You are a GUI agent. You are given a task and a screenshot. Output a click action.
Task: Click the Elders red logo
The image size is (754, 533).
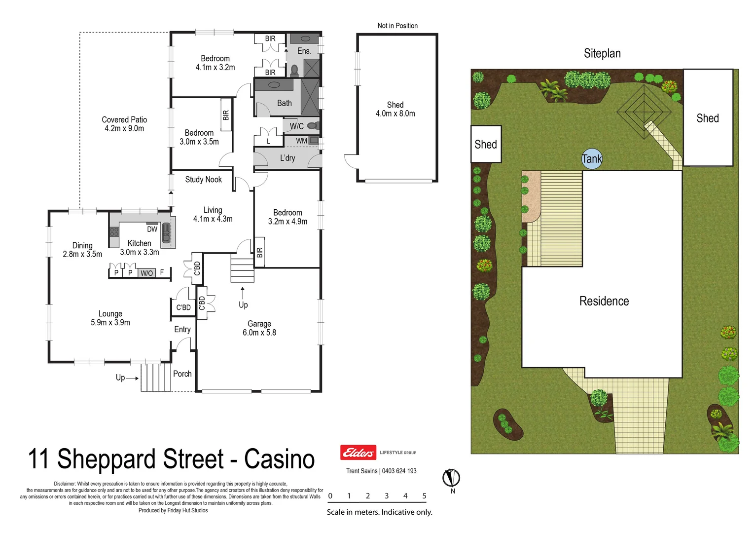pyautogui.click(x=358, y=452)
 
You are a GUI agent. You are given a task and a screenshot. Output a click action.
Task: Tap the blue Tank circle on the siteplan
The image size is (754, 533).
pyautogui.click(x=592, y=159)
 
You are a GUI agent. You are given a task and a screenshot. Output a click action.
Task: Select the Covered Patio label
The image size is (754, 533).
pyautogui.click(x=124, y=124)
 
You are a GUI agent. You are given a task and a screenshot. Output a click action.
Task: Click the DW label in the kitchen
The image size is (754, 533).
pyautogui.click(x=152, y=229)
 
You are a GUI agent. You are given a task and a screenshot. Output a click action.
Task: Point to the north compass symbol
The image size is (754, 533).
pyautogui.click(x=451, y=478)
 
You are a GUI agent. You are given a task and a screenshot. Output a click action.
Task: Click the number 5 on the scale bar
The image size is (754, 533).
pyautogui.click(x=424, y=496)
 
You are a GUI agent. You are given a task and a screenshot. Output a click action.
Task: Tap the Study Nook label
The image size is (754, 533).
pyautogui.click(x=203, y=180)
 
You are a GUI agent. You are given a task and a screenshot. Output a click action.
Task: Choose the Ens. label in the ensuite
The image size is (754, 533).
pyautogui.click(x=304, y=51)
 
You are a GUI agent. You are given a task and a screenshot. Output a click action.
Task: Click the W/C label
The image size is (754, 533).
pyautogui.click(x=296, y=126)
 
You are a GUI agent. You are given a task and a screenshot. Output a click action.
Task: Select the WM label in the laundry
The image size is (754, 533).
pyautogui.click(x=301, y=141)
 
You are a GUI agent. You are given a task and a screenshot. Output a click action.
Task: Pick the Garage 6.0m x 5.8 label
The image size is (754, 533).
pyautogui.click(x=259, y=328)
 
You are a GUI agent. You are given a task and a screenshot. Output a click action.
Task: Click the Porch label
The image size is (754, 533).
pyautogui.click(x=182, y=374)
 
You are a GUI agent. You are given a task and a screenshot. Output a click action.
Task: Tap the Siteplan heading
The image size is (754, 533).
pyautogui.click(x=602, y=53)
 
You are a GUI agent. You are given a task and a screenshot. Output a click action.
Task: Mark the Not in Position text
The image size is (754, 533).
pyautogui.click(x=397, y=26)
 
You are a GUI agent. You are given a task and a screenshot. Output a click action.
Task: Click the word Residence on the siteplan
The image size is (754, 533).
pyautogui.click(x=604, y=301)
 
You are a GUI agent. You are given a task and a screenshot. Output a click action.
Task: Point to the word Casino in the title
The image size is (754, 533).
pyautogui.click(x=279, y=459)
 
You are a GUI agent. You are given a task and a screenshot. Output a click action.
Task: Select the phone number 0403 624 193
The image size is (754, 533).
pyautogui.click(x=399, y=471)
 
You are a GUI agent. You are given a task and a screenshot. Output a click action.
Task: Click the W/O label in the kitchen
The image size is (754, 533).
pyautogui.click(x=146, y=273)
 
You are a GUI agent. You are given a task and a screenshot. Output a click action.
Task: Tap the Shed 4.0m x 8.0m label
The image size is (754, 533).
pyautogui.click(x=395, y=109)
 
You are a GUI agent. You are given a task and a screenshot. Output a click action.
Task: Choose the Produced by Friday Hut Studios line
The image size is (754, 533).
pyautogui.click(x=173, y=510)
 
